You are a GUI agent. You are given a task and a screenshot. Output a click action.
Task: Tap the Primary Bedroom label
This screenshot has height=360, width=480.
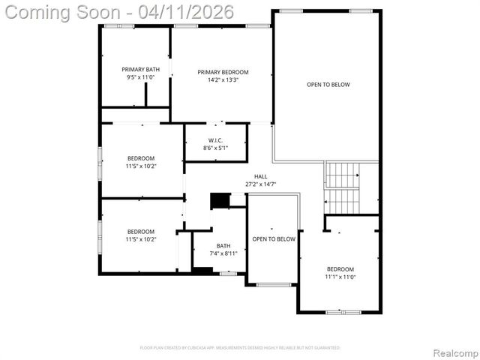223,72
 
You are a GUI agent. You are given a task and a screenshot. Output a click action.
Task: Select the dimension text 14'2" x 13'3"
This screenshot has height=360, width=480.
223,80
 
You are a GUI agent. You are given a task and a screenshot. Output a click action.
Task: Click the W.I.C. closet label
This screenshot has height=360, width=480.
214,140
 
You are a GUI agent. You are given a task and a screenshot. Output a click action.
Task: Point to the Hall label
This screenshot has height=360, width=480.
260,176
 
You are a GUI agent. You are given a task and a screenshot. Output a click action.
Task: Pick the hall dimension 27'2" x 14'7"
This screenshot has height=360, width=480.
260,184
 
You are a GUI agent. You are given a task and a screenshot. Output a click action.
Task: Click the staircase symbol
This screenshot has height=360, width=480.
343,187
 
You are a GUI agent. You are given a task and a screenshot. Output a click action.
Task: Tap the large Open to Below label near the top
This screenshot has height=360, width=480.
328,85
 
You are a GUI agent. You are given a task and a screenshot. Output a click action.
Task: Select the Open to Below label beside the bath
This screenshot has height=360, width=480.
274,239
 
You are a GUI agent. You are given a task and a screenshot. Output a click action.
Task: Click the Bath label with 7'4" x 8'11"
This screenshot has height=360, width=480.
223,245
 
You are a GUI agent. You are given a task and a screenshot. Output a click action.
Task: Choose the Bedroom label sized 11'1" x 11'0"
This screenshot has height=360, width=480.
340,268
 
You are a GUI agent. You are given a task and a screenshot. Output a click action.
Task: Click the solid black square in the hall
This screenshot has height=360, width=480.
220,200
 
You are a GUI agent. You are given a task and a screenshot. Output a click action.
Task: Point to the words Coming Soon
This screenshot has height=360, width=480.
64,12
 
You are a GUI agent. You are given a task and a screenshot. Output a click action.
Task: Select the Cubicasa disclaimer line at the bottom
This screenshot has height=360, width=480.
240,348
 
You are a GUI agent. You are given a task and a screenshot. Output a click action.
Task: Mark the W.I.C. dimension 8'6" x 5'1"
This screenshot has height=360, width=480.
214,148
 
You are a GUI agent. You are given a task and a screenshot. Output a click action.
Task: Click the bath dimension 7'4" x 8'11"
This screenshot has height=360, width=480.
223,253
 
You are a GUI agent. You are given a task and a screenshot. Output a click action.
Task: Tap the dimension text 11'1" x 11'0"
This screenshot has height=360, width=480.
340,277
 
